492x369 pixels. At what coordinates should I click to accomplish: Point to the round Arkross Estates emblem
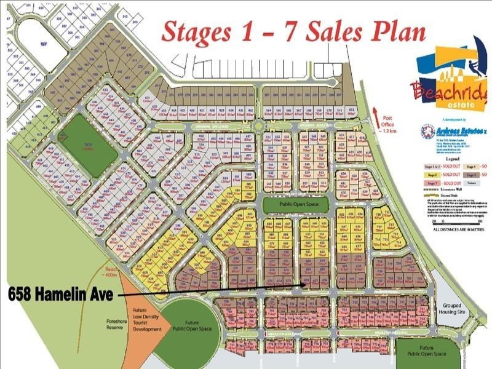coord(427,132)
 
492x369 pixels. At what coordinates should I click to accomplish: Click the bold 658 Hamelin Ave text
coord(60,295)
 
